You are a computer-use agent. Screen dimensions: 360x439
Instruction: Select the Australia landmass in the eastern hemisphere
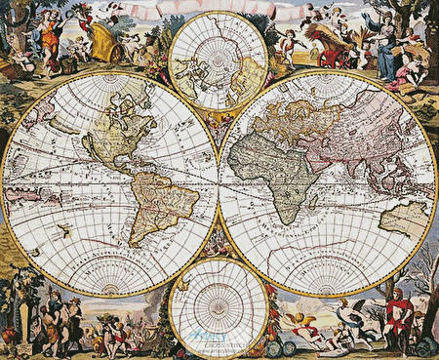click(x=402, y=218)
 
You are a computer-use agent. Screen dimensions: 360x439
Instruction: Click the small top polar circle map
click(x=218, y=60)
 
